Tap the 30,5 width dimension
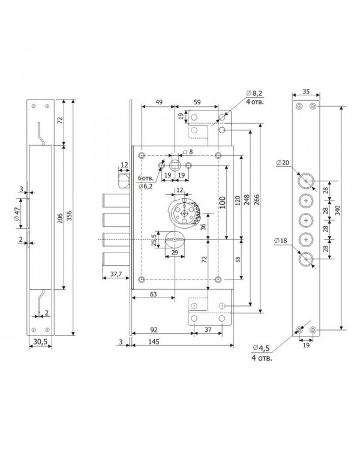click(40, 342)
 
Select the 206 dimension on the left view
click(60, 218)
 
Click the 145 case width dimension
click(154, 341)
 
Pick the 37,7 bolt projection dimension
click(116, 274)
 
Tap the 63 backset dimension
click(154, 294)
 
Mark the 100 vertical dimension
click(223, 202)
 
